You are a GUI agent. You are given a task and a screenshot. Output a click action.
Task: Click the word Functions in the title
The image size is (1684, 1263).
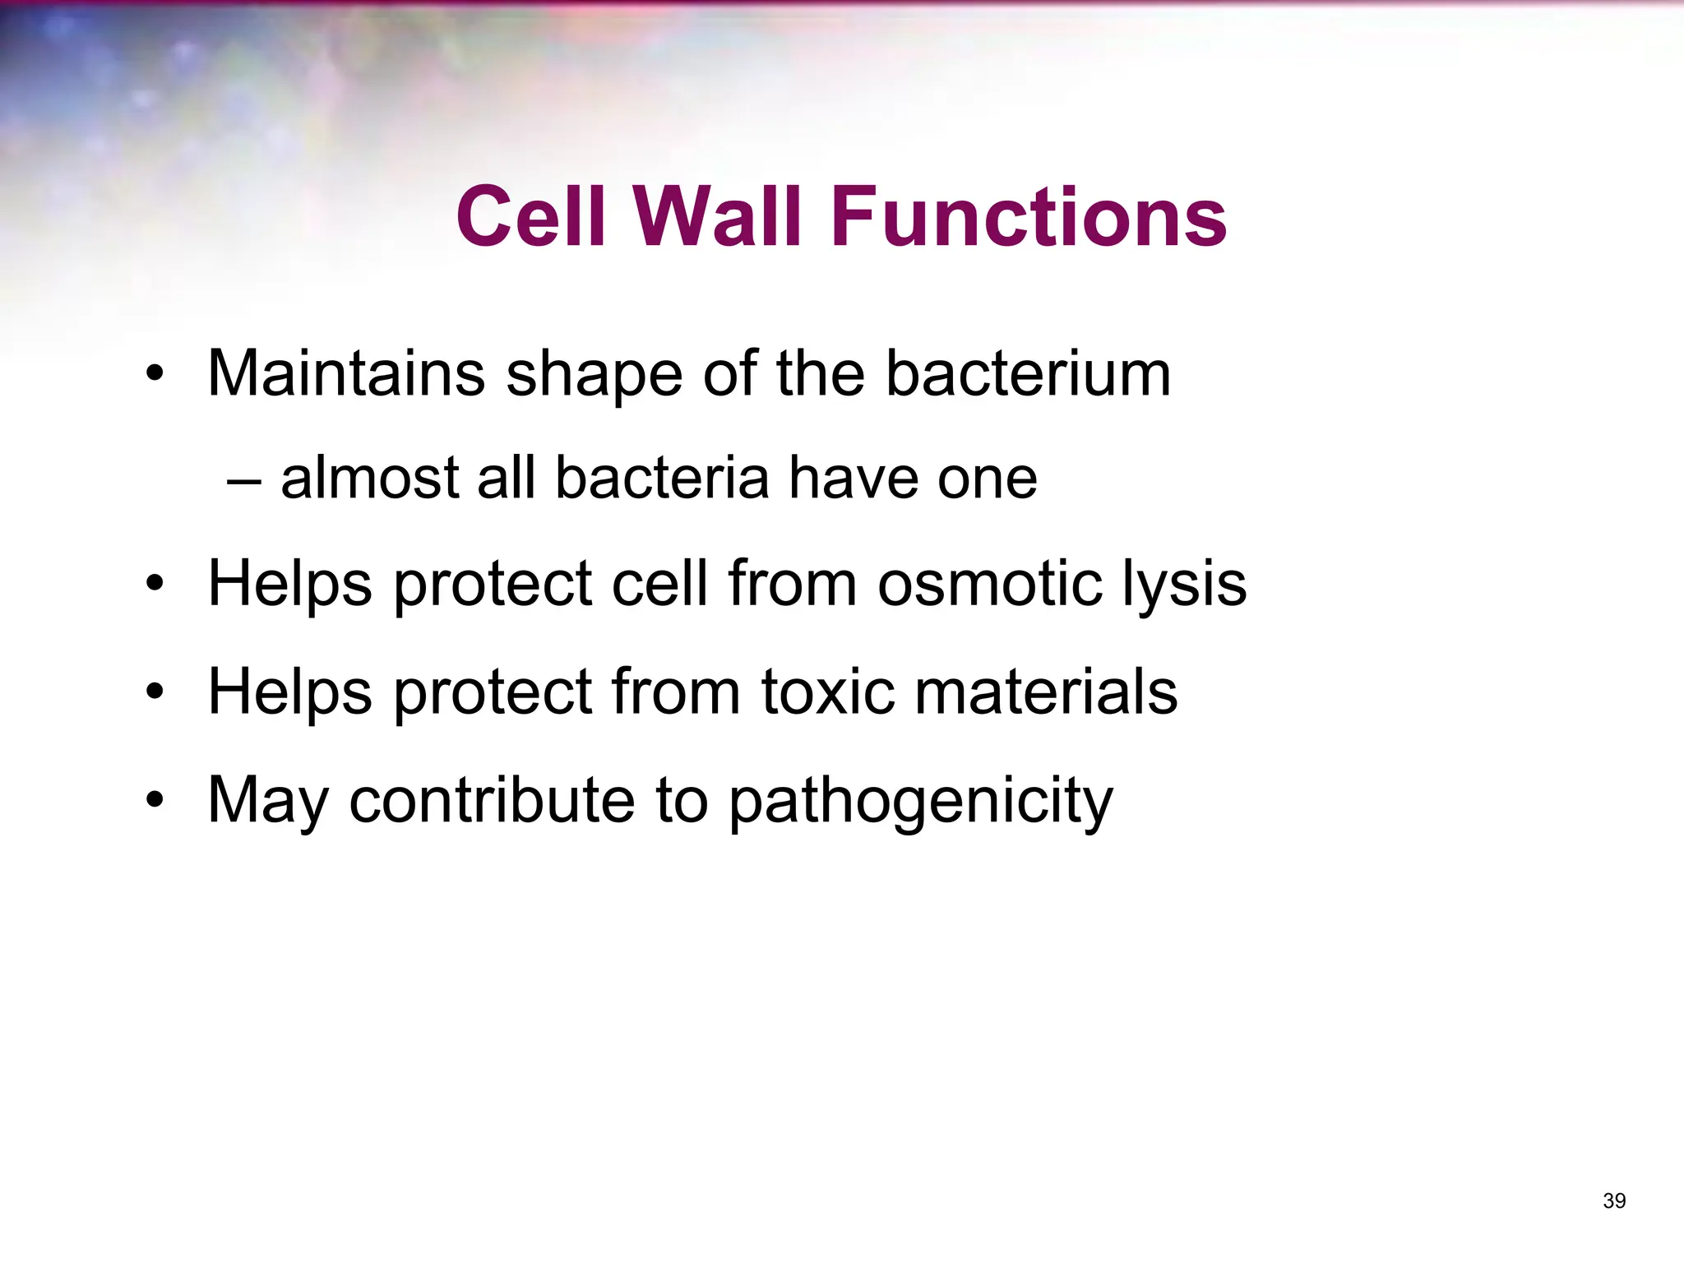pos(1029,217)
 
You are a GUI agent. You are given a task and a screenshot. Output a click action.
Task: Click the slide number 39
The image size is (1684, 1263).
pos(1614,1201)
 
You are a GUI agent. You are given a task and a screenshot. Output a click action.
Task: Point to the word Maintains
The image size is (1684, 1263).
pos(346,374)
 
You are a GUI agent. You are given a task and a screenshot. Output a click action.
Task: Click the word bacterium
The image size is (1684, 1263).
pos(1028,374)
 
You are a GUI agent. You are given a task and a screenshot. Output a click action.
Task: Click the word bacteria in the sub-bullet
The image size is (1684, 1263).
pos(662,479)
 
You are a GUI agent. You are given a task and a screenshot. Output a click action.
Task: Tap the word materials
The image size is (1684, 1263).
pos(1046,692)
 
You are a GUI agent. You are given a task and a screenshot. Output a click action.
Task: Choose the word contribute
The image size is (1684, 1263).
pos(492,801)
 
